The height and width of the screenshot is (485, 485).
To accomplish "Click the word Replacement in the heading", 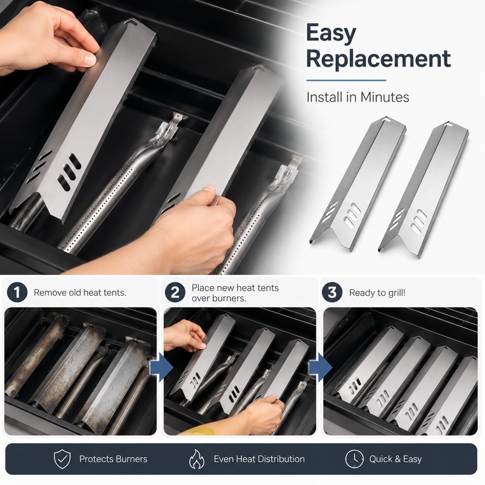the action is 378,58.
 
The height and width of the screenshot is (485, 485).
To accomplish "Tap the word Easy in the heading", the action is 331,33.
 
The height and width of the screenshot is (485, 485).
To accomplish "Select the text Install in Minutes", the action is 358,97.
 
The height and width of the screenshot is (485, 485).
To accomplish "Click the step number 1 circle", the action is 17,292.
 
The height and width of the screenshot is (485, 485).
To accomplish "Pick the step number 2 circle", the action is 175,292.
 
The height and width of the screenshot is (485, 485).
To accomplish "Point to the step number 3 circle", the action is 332,292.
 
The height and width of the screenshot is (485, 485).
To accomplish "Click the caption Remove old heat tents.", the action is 80,293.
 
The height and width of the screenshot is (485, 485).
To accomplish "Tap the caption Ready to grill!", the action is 377,293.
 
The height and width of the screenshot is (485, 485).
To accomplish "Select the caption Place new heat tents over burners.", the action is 235,293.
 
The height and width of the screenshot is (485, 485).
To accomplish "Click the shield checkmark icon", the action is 62,459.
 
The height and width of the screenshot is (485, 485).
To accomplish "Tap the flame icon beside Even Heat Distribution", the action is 196,459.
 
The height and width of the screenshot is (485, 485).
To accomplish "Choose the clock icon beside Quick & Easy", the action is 354,459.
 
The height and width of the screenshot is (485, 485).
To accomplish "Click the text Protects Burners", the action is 113,459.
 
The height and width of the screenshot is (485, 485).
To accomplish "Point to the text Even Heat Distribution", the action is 259,459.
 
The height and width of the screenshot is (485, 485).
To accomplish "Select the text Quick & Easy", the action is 395,460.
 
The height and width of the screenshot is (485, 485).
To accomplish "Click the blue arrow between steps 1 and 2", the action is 161,367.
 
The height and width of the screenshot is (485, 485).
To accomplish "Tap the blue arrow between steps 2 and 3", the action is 321,367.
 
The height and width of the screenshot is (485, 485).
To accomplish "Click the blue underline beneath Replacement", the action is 346,81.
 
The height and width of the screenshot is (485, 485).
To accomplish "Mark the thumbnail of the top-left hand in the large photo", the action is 90,59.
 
